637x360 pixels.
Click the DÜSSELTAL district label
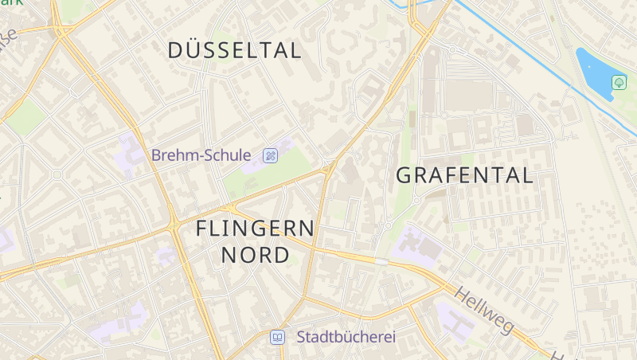pos(235,51)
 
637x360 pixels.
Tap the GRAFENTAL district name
pos(464,175)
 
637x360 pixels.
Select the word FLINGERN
pos(255,229)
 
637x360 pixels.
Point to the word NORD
pos(255,255)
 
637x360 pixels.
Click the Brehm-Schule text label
pos(201,155)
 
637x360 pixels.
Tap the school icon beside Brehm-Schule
pos(271,155)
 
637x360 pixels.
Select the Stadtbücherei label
pos(346,337)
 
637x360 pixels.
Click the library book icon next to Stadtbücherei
pos(277,337)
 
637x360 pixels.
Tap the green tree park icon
pos(619,82)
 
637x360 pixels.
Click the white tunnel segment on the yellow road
pos(381,260)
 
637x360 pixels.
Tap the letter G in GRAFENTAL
pos(404,175)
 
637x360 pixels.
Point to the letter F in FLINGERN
pos(202,229)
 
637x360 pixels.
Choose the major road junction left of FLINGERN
pos(174,225)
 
